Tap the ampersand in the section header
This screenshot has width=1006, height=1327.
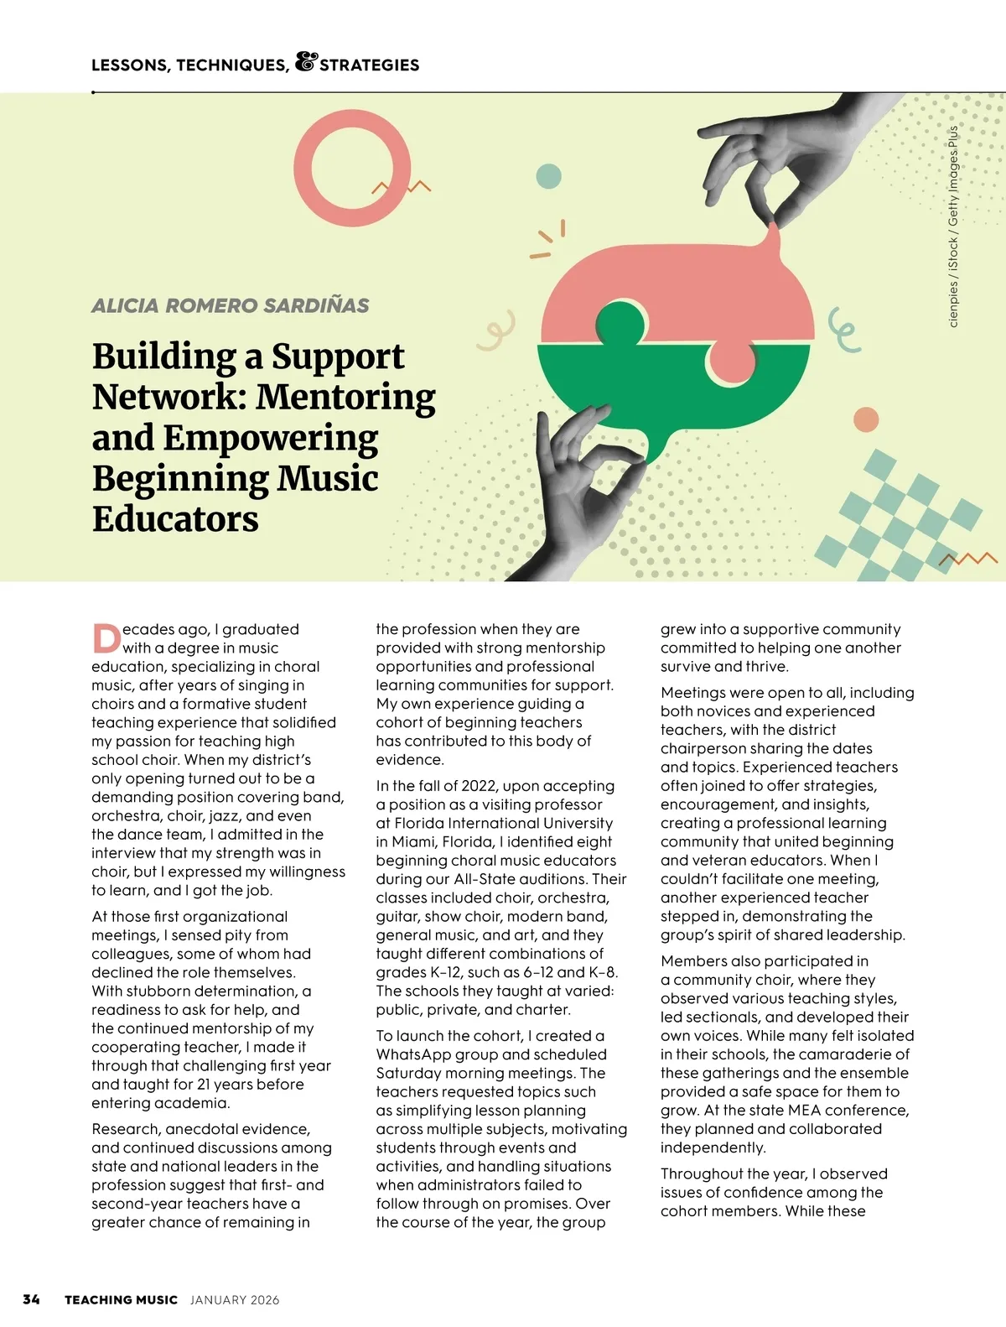(x=306, y=62)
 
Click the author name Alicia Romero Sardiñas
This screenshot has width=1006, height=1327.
(x=230, y=305)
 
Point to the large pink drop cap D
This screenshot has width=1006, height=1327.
(x=106, y=638)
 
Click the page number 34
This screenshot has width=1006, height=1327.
(x=31, y=1299)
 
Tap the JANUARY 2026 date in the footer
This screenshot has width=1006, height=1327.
(x=235, y=1300)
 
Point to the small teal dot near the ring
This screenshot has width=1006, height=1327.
(x=548, y=177)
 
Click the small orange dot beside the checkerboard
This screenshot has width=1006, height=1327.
(x=865, y=419)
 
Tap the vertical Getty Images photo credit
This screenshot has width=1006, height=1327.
(x=953, y=226)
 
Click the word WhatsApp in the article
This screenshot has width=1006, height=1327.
(x=411, y=1054)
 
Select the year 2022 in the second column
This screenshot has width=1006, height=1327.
(x=478, y=786)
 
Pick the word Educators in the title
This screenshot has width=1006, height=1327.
(x=175, y=519)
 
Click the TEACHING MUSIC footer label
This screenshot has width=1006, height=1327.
(x=121, y=1300)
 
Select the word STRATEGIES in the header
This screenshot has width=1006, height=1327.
(x=369, y=65)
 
